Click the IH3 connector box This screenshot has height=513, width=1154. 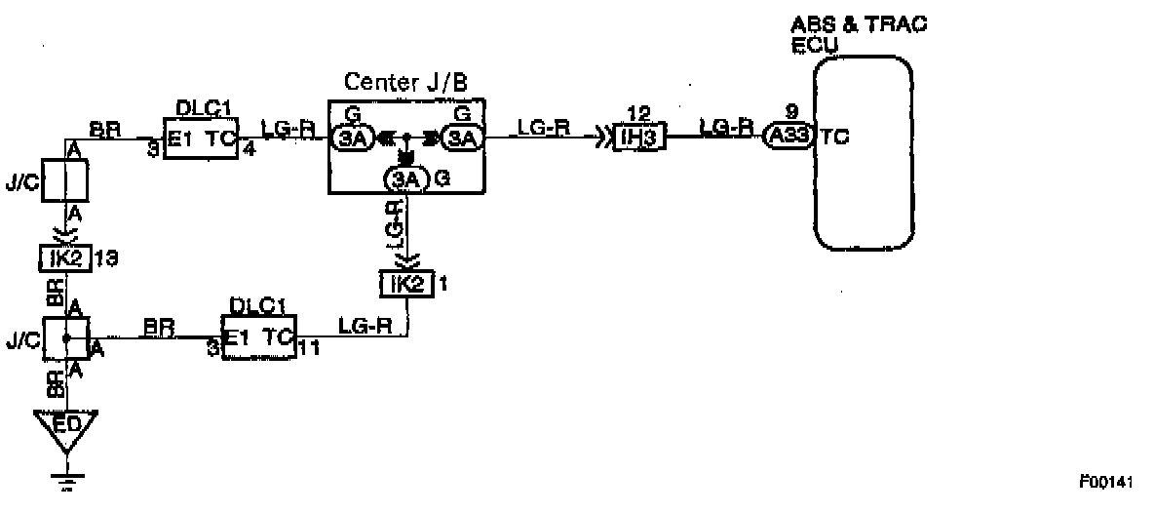pyautogui.click(x=640, y=138)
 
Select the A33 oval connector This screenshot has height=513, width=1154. pyautogui.click(x=787, y=138)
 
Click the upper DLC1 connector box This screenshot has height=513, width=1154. pyautogui.click(x=200, y=138)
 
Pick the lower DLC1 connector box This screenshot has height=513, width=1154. pyautogui.click(x=258, y=336)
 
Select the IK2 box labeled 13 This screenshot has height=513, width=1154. pyautogui.click(x=62, y=258)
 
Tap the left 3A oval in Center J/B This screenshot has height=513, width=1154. pyautogui.click(x=353, y=138)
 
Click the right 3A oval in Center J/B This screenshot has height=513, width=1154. pyautogui.click(x=463, y=138)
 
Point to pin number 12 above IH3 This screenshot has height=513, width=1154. pyautogui.click(x=638, y=113)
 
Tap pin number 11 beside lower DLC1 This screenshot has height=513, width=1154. pyautogui.click(x=309, y=347)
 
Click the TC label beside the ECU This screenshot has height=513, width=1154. pyautogui.click(x=834, y=138)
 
